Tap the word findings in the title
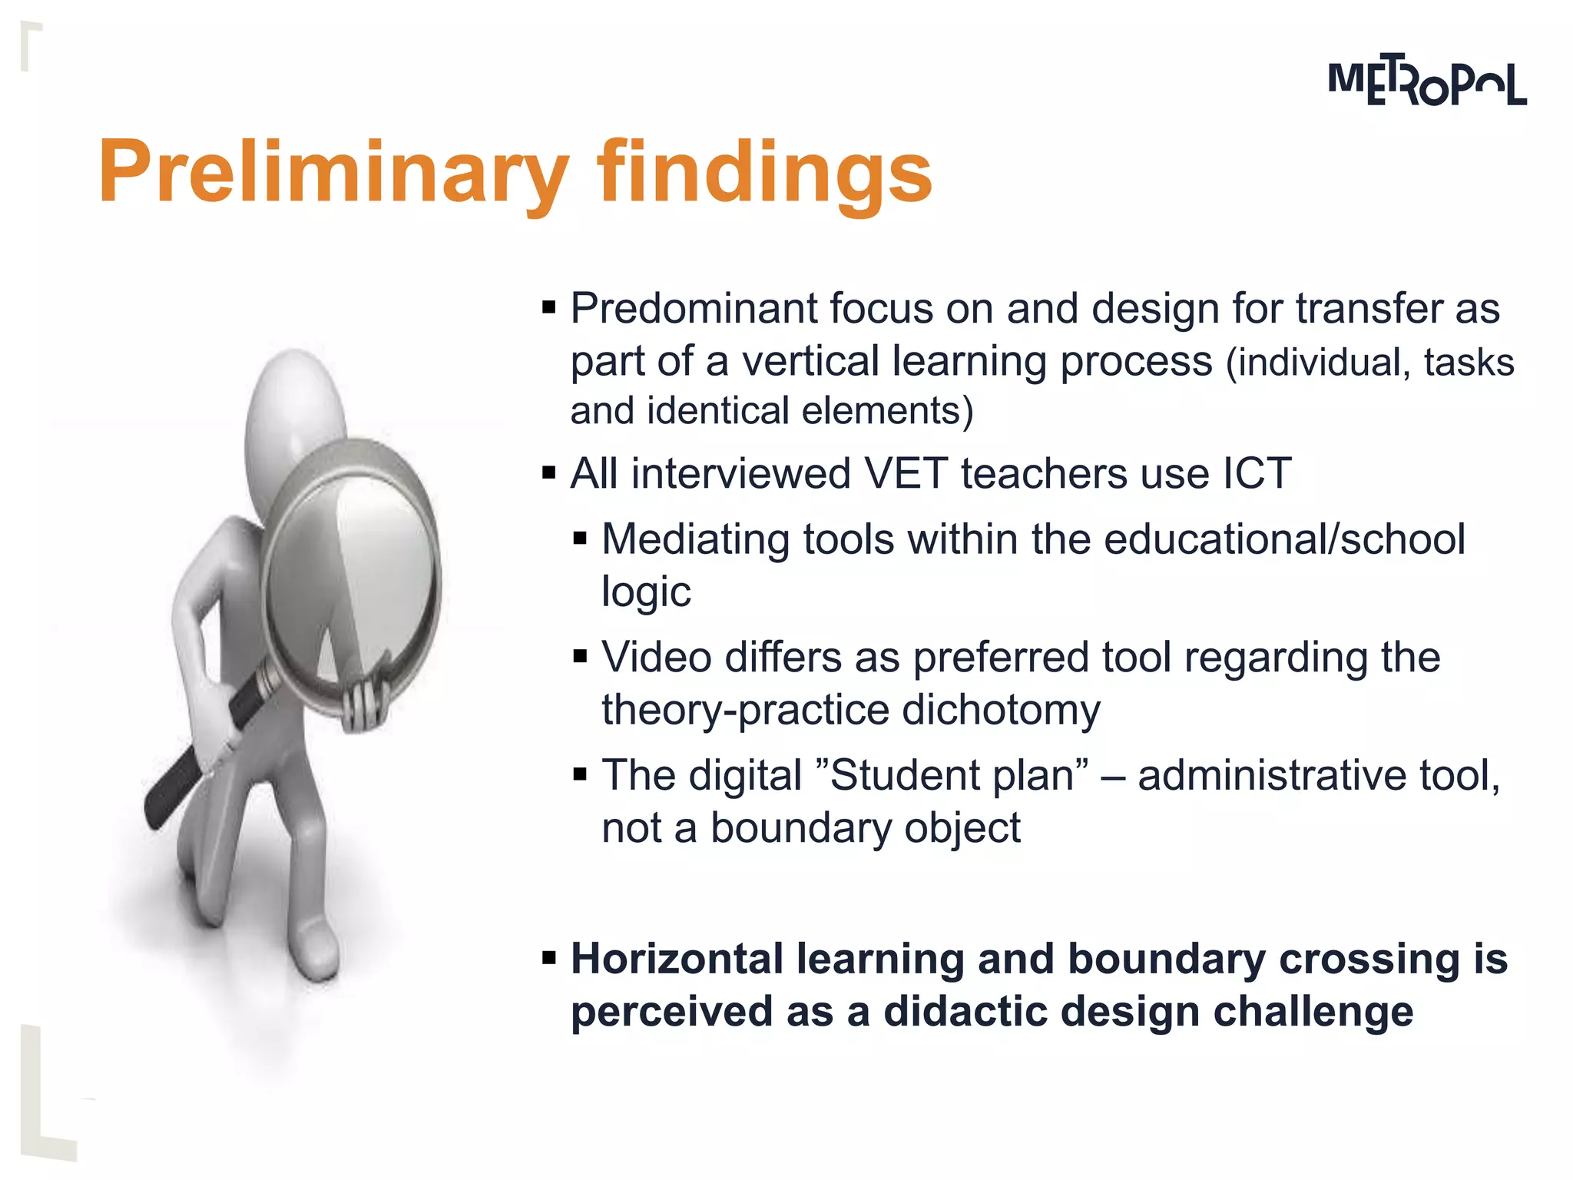tap(764, 172)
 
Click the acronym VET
tap(906, 473)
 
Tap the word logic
tap(646, 592)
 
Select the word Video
tap(656, 658)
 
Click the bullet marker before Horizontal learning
tap(548, 959)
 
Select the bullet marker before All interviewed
tap(548, 472)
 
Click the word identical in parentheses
tap(718, 411)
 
